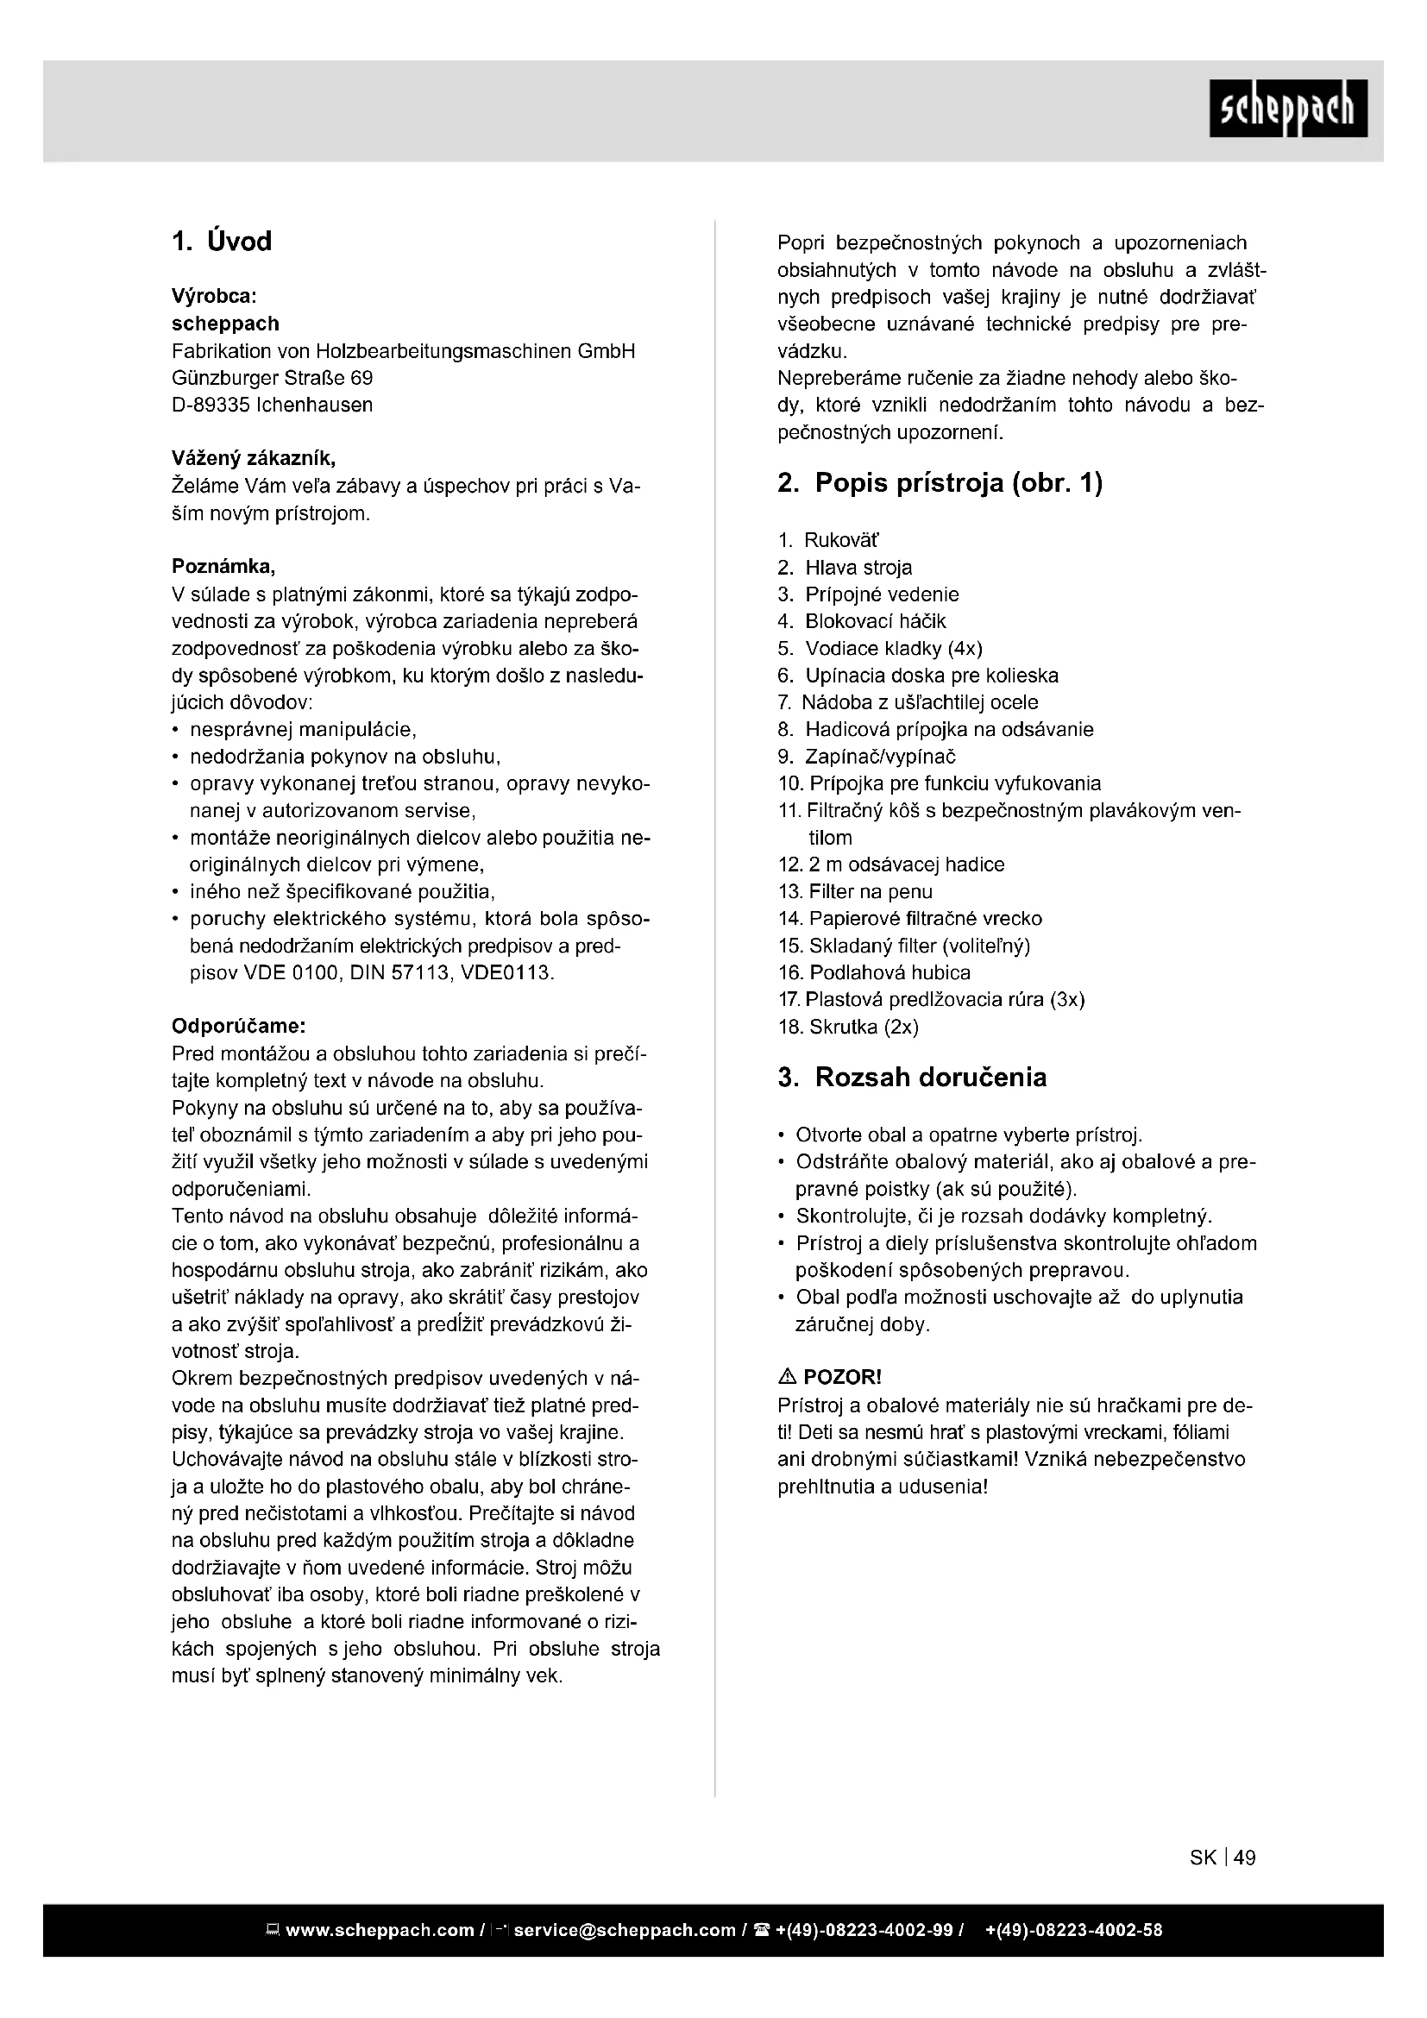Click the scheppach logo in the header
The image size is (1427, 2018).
pos(1287,108)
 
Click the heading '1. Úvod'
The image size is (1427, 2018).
pos(222,242)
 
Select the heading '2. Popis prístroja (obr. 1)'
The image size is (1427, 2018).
pos(940,482)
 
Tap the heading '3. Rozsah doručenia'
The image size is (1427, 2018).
pos(912,1078)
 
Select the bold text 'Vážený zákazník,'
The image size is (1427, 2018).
pos(253,459)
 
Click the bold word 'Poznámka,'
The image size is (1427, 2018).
pos(223,567)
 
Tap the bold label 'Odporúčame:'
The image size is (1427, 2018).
pos(238,1027)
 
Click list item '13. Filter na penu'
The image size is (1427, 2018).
pos(855,892)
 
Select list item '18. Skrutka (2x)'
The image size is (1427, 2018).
pos(848,1028)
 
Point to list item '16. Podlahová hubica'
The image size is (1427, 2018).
pos(874,973)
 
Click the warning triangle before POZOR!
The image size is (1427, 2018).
pos(788,1377)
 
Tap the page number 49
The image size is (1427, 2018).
pos(1244,1858)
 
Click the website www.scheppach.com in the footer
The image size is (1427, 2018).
pos(380,1931)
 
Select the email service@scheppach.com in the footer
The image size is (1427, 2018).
pos(624,1931)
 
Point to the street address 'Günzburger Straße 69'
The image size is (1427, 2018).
pos(272,378)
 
